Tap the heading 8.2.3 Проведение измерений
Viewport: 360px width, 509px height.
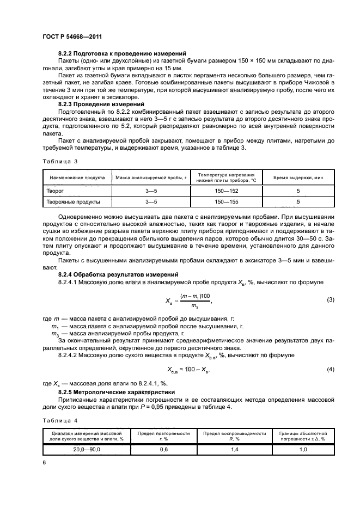[101, 103]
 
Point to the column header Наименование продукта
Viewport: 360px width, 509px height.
[77, 178]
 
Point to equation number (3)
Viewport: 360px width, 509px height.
[330, 300]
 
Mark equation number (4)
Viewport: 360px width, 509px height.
[330, 370]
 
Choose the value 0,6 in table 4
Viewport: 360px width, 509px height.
[163, 449]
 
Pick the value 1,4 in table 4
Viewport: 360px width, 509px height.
[234, 449]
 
